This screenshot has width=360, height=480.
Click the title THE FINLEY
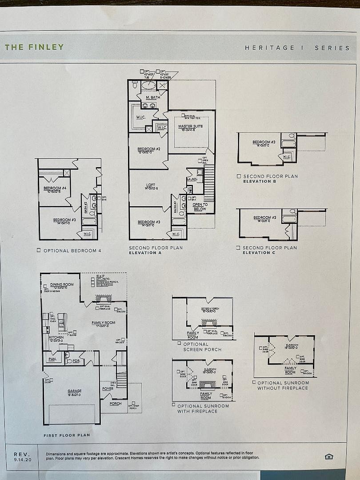[x=34, y=47]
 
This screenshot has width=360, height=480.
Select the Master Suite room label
[x=191, y=127]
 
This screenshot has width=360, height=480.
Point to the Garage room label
[x=74, y=391]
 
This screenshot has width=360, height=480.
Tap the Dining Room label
[x=62, y=284]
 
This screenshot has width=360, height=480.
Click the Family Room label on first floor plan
[x=104, y=323]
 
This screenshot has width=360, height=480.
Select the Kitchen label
[x=56, y=338]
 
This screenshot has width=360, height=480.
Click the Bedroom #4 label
[x=55, y=188]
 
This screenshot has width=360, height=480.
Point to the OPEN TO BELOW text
[x=200, y=207]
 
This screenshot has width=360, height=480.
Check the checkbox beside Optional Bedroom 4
[x=39, y=250]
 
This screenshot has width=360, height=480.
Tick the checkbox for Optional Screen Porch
[x=179, y=343]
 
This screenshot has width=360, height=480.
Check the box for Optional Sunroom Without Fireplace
[x=254, y=382]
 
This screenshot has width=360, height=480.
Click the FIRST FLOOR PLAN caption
[x=67, y=435]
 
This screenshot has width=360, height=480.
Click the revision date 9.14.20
[x=21, y=460]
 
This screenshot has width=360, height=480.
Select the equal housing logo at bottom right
[x=329, y=456]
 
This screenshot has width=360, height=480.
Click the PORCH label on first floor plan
[x=116, y=404]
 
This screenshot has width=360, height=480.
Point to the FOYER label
[x=108, y=388]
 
